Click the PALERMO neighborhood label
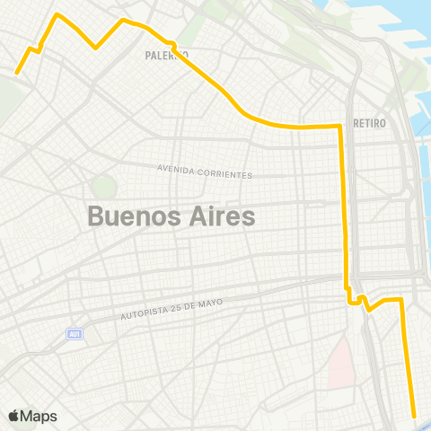(x=166, y=55)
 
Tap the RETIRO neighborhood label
(x=369, y=123)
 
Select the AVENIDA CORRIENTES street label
(x=205, y=172)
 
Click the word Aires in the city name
(x=221, y=216)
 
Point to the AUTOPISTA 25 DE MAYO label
(x=171, y=311)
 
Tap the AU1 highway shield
(x=74, y=334)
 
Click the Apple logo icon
(x=13, y=416)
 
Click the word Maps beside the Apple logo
(x=39, y=416)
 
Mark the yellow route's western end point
(x=17, y=73)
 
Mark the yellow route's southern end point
(x=414, y=415)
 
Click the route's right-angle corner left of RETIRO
(x=339, y=127)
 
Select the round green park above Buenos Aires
(x=103, y=187)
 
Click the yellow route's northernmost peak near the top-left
(x=58, y=14)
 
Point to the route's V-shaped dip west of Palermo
(x=97, y=48)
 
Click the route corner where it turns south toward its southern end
(x=400, y=299)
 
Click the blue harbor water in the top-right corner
(x=395, y=22)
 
